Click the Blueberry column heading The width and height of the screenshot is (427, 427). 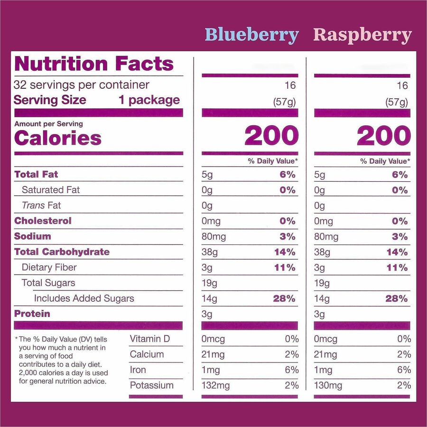pos(251,35)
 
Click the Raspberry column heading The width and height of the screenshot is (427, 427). pos(362,35)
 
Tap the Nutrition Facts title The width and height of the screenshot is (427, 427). pos(94,64)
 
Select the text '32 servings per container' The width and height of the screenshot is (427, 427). pos(82,85)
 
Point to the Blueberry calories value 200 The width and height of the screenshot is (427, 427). pos(271,137)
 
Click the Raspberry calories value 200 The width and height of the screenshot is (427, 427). pos(383,137)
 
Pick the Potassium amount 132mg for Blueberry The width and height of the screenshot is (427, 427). pos(216,386)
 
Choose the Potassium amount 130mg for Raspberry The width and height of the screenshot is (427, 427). pos(328,386)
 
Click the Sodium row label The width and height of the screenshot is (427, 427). pos(32,236)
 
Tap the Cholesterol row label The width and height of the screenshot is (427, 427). pos(43,221)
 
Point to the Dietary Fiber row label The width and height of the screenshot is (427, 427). pos(49,267)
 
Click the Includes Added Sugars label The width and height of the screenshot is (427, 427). pos(84,298)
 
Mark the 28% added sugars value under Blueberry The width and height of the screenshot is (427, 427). pos(284,298)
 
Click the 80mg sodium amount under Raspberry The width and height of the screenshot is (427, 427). pos(326,236)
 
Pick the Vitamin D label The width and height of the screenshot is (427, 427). pos(149,339)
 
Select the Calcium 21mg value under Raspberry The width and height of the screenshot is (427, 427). pos(325,354)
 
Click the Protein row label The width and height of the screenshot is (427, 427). pos(32,314)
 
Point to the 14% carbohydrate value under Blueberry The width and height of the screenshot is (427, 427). pos(285,252)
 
